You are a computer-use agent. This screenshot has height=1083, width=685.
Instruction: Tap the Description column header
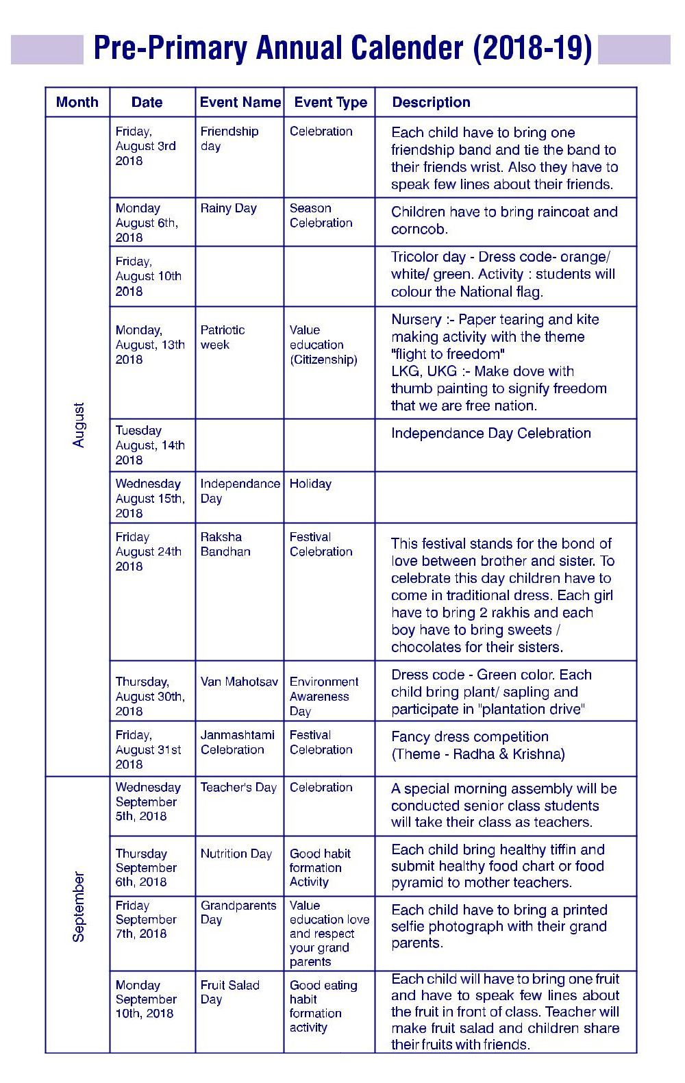[x=431, y=102]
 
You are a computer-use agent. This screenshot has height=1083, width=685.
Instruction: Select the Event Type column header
[x=330, y=102]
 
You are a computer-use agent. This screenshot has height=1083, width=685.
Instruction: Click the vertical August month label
[x=79, y=425]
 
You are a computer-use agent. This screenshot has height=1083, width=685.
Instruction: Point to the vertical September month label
[x=79, y=906]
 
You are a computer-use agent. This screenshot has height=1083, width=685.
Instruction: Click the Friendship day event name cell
[x=229, y=138]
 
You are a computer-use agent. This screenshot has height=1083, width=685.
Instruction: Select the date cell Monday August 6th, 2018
[x=147, y=223]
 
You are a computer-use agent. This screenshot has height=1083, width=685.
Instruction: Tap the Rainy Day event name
[x=228, y=208]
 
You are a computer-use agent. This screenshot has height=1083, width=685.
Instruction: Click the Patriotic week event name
[x=222, y=337]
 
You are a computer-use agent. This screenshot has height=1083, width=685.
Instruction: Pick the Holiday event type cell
[x=310, y=484]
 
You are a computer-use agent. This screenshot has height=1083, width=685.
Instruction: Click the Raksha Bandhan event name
[x=225, y=544]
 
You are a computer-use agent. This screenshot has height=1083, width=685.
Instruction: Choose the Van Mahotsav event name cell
[x=239, y=682]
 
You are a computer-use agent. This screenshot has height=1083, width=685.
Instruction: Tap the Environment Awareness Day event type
[x=323, y=696]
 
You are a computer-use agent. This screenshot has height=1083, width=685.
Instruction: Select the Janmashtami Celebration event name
[x=237, y=742]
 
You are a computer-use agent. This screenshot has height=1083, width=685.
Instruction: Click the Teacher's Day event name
[x=238, y=787]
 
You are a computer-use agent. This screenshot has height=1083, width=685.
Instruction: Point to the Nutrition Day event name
[x=236, y=854]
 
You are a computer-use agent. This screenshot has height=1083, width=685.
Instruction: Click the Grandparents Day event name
[x=238, y=912]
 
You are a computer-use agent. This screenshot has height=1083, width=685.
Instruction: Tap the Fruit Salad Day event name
[x=229, y=992]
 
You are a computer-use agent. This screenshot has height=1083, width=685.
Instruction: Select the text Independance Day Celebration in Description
[x=490, y=433]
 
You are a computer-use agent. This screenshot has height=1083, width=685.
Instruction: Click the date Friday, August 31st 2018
[x=148, y=749]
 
